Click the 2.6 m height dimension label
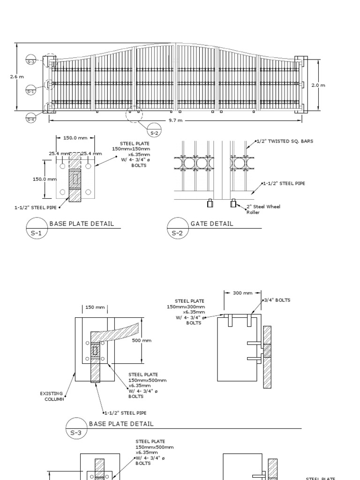click(17, 77)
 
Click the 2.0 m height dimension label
click(318, 85)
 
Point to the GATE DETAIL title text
click(211, 224)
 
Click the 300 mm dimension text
click(242, 293)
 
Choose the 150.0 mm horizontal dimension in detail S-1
click(75, 138)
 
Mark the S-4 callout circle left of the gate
click(31, 120)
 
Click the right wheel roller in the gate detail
click(233, 203)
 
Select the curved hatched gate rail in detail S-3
click(117, 330)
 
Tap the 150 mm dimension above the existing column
click(95, 307)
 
